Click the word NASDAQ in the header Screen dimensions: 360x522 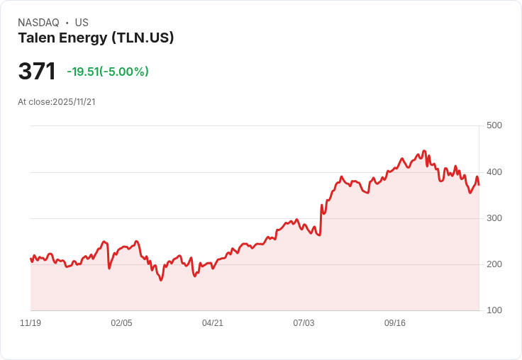(x=38, y=23)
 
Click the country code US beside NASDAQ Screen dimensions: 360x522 (x=82, y=23)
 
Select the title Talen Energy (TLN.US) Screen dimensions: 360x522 (x=96, y=38)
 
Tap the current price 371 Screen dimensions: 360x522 (x=37, y=72)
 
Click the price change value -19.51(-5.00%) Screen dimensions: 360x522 (x=108, y=72)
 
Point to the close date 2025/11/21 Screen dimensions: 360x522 (x=74, y=102)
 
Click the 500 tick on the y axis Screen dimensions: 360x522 (x=494, y=125)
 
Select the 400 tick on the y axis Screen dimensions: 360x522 (x=494, y=172)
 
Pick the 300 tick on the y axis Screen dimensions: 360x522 (x=494, y=218)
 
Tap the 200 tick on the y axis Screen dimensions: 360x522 (x=494, y=264)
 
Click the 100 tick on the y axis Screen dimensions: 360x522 (x=494, y=310)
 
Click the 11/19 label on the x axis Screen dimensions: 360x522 (x=30, y=323)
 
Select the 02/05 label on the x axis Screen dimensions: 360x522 (x=121, y=323)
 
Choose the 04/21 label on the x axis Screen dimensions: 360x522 (x=213, y=323)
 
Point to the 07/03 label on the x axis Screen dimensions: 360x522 (x=304, y=323)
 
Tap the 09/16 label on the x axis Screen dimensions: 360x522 (x=395, y=323)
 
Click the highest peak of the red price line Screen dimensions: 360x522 (x=424, y=151)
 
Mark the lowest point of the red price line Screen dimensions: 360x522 (x=161, y=281)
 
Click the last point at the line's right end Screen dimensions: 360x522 (x=479, y=185)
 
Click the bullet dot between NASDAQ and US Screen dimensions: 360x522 (x=67, y=23)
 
